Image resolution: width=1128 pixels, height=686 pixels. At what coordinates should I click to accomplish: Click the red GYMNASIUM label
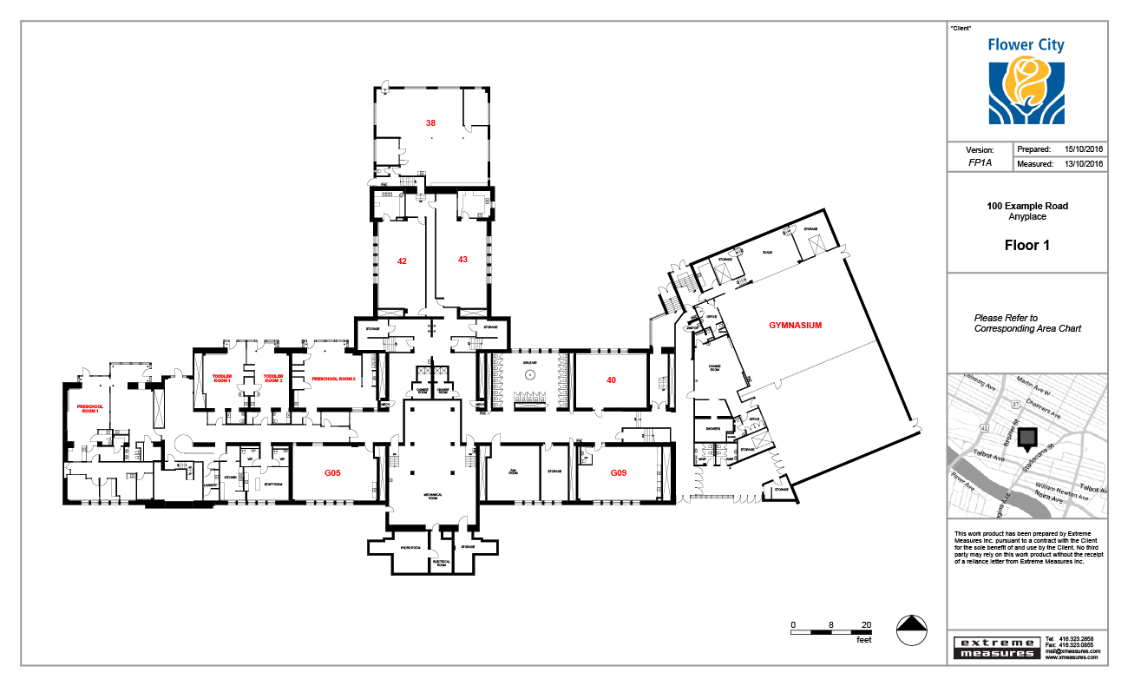[x=795, y=326]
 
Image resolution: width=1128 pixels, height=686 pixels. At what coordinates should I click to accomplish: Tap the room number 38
[x=430, y=123]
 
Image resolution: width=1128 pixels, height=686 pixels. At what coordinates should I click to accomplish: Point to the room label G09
[x=618, y=473]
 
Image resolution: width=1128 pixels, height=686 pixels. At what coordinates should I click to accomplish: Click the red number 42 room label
[x=402, y=261]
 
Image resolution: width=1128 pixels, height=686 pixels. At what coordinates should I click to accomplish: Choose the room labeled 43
[x=462, y=260]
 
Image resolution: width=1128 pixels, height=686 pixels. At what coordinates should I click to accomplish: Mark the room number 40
[x=611, y=379]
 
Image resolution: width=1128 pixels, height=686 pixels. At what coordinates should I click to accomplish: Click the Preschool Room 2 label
[x=334, y=379]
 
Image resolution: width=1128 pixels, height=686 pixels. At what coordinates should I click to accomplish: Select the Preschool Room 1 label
[x=89, y=409]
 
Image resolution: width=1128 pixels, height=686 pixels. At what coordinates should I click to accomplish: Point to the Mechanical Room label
[x=433, y=496]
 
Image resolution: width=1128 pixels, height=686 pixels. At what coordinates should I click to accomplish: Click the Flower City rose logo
[x=1026, y=89]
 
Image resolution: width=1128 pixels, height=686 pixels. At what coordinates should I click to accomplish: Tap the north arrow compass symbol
[x=910, y=630]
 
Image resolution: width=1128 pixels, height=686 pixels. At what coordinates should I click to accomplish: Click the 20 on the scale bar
[x=866, y=625]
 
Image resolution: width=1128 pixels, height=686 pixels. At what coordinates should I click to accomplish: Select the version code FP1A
[x=980, y=163]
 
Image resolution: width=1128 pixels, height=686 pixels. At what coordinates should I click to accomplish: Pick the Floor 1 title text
[x=1026, y=246]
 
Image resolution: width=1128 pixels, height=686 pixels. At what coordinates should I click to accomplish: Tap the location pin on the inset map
[x=1027, y=440]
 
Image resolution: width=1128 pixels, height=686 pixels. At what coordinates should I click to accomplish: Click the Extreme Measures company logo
[x=995, y=648]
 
